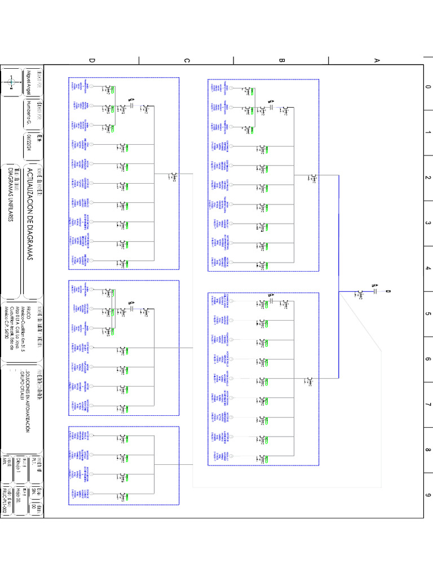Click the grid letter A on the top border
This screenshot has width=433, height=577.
click(x=377, y=59)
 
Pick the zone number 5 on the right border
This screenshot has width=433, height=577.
click(x=428, y=314)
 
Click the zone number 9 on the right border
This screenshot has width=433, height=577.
click(x=428, y=495)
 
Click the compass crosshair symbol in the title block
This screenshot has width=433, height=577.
click(x=11, y=83)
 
